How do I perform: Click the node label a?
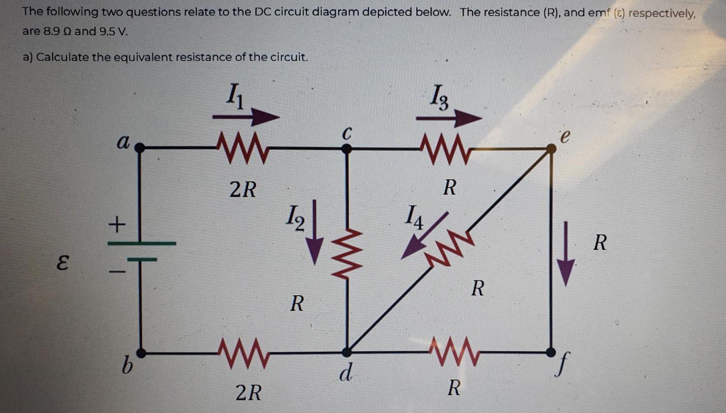point(123,142)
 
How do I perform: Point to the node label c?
point(347,132)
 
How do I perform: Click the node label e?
point(564,136)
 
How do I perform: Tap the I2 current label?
point(295,217)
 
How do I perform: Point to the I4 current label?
point(414,217)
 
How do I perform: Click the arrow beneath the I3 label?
point(448,119)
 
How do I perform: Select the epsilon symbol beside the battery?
point(63,263)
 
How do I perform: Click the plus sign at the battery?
point(117,225)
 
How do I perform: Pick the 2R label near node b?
point(248,393)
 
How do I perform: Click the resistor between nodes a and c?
point(242,148)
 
